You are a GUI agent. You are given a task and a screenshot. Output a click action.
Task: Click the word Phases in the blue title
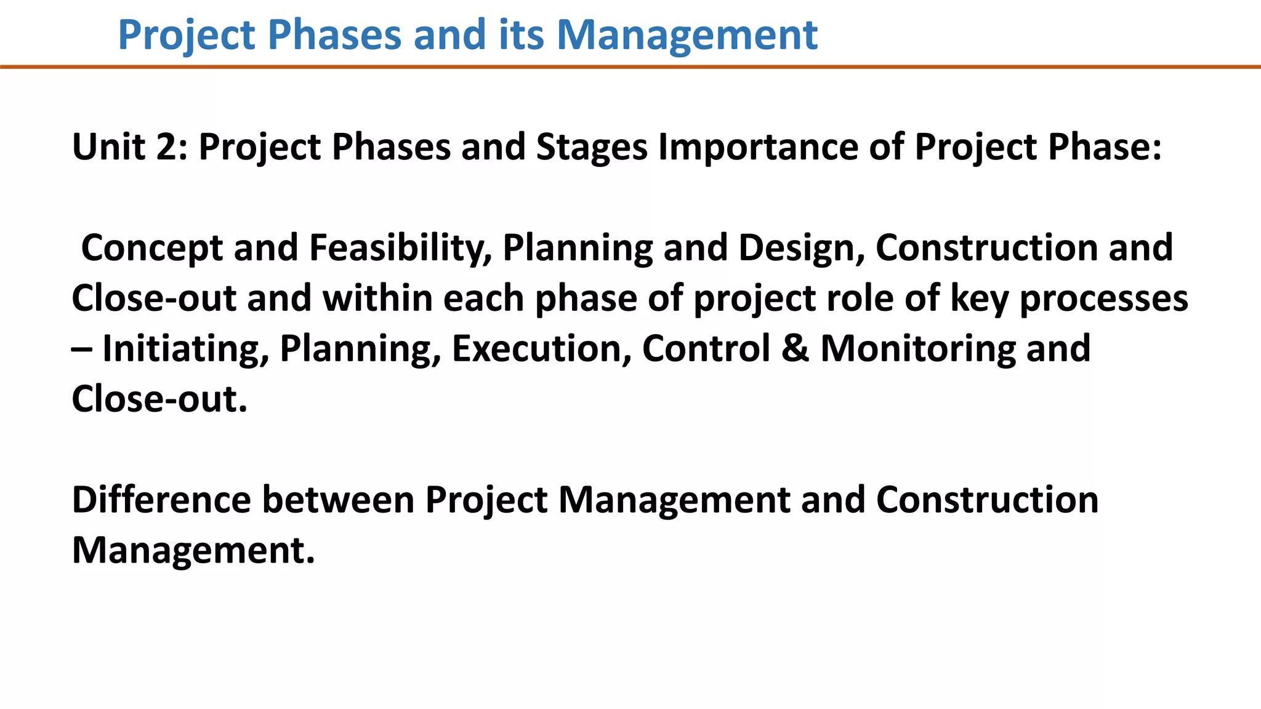coord(334,34)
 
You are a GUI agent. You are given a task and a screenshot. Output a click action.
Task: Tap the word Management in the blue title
coord(687,34)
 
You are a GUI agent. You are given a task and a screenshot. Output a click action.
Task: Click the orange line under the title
coord(630,66)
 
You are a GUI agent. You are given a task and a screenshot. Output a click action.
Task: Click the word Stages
coord(592,147)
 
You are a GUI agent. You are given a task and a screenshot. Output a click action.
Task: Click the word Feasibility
coord(400,248)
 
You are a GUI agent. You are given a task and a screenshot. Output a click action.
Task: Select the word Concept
coord(152,248)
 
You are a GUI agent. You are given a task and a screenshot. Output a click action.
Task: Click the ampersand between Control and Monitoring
coord(796,349)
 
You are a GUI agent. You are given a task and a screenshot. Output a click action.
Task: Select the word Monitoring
coord(917,349)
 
